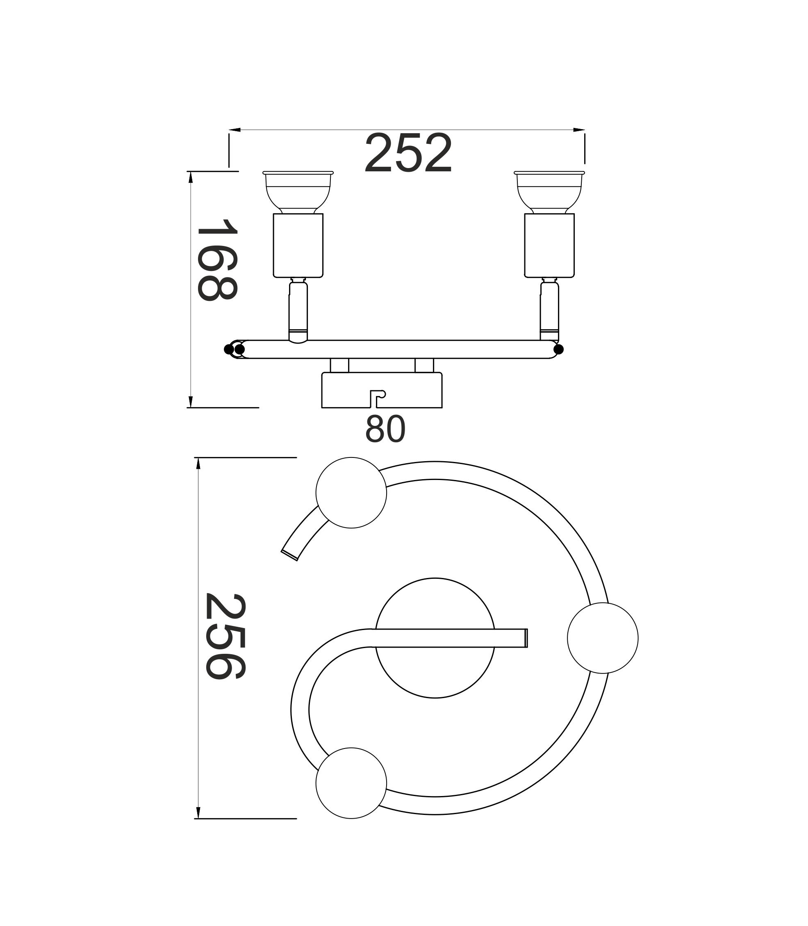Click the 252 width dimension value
(x=408, y=152)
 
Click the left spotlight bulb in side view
(x=298, y=192)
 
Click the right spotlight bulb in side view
(x=549, y=192)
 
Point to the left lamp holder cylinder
(x=298, y=245)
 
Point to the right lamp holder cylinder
(x=549, y=245)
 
